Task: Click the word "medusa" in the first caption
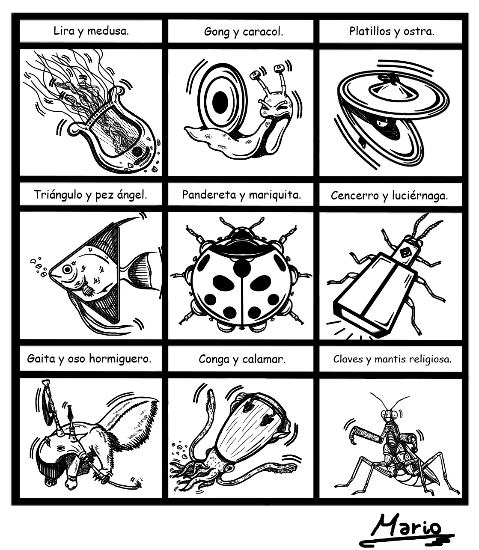107,31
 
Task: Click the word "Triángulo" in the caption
57,195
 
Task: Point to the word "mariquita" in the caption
274,195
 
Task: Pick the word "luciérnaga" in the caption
419,196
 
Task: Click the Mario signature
406,530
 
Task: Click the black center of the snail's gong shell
220,103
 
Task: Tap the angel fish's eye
68,269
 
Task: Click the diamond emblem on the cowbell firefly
405,253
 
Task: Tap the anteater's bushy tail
129,422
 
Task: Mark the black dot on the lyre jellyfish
137,152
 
